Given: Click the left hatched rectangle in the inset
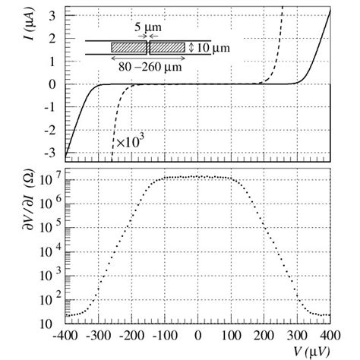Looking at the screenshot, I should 129,47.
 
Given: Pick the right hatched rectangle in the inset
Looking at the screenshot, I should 166,47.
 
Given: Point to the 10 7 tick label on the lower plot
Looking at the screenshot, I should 50,180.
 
